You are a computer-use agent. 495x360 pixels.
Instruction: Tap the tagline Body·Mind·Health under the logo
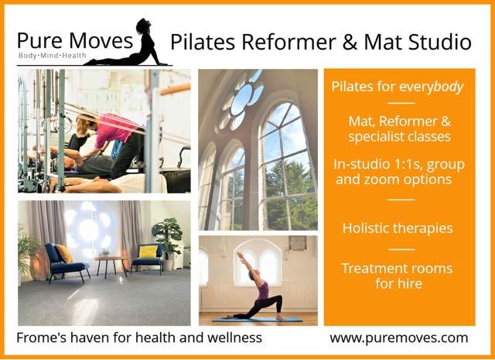tap(53, 56)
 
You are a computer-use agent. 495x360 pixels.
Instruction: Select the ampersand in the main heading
tap(350, 43)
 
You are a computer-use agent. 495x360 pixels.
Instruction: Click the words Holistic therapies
tap(398, 228)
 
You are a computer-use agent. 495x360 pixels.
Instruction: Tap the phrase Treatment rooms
tap(397, 269)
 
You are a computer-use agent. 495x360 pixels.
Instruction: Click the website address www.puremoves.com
tap(399, 338)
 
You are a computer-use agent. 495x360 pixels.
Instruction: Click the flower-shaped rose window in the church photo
tap(242, 99)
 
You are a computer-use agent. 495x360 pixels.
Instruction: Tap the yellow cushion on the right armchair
tap(148, 252)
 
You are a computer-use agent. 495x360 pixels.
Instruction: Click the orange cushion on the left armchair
tap(64, 253)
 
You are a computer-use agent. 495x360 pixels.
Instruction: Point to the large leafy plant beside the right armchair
tap(167, 237)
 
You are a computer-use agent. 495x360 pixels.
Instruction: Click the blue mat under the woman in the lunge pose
tap(258, 320)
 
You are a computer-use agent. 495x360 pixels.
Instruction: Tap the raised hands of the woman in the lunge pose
tap(241, 255)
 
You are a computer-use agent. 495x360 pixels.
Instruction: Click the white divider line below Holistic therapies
tap(401, 249)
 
